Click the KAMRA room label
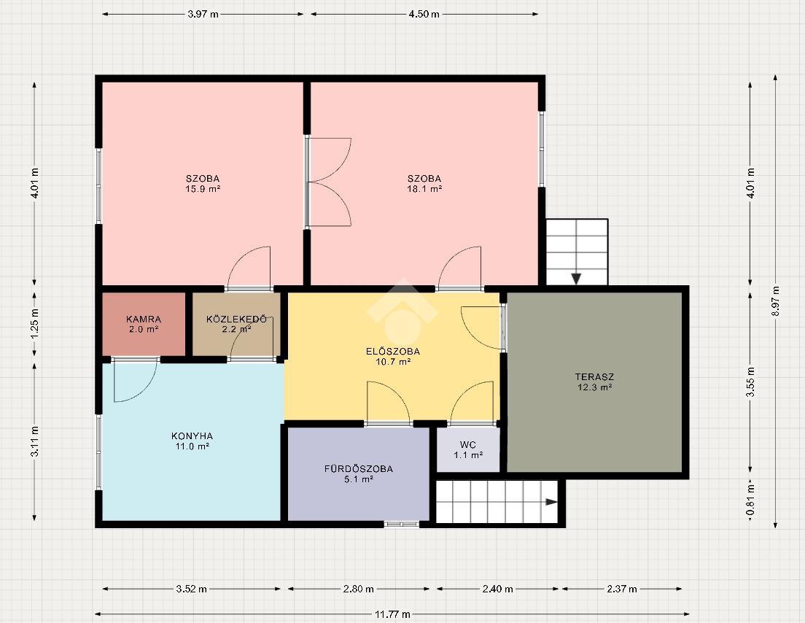click(143, 320)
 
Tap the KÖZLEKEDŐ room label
click(236, 320)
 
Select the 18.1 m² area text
click(424, 188)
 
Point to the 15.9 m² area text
click(203, 188)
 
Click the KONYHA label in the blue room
click(192, 436)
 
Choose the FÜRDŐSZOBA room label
click(358, 469)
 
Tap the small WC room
click(468, 449)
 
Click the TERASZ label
click(594, 377)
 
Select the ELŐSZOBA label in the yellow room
click(393, 352)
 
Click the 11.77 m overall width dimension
click(392, 614)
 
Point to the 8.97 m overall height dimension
click(775, 301)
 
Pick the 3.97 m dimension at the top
click(203, 15)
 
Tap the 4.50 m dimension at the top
click(424, 15)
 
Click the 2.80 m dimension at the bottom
click(358, 589)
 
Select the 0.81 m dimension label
click(750, 500)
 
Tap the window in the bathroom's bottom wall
click(402, 524)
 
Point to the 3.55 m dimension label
click(750, 382)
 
